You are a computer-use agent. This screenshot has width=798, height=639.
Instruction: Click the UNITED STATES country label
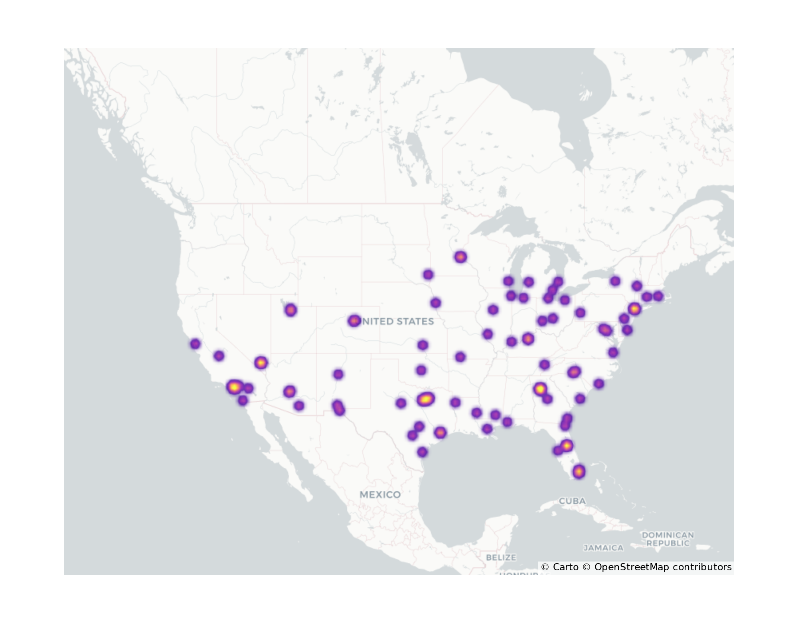coord(397,321)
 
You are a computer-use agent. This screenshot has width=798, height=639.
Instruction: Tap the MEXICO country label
coord(380,494)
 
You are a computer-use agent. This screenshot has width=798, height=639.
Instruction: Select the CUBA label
coord(572,501)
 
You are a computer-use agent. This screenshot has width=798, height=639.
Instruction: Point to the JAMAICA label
coord(603,548)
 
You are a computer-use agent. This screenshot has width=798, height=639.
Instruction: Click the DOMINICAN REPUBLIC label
coord(668,539)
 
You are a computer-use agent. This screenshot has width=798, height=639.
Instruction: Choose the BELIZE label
coord(501,557)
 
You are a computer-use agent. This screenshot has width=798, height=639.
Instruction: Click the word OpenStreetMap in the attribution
coord(631,567)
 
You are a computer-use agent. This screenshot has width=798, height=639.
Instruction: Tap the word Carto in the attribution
coord(565,567)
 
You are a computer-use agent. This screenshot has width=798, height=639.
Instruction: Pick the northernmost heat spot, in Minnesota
coord(460,257)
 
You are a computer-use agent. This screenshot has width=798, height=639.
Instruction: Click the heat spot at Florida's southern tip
coord(579,472)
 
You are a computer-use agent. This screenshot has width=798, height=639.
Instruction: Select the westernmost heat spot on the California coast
coord(195,344)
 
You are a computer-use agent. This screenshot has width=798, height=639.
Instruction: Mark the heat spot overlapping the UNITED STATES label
coord(354,321)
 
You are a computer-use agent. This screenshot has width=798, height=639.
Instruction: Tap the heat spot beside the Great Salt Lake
coord(290,310)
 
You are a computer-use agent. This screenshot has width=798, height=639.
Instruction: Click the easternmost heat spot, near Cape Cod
coord(658,296)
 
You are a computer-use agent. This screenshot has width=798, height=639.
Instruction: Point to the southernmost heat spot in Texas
coord(422,452)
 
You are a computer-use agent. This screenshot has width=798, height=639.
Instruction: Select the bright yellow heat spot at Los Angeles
coord(235,387)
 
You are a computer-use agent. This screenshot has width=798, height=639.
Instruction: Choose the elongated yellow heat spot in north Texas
coord(426,399)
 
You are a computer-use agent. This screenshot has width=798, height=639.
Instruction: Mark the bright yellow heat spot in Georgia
coord(540,389)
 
